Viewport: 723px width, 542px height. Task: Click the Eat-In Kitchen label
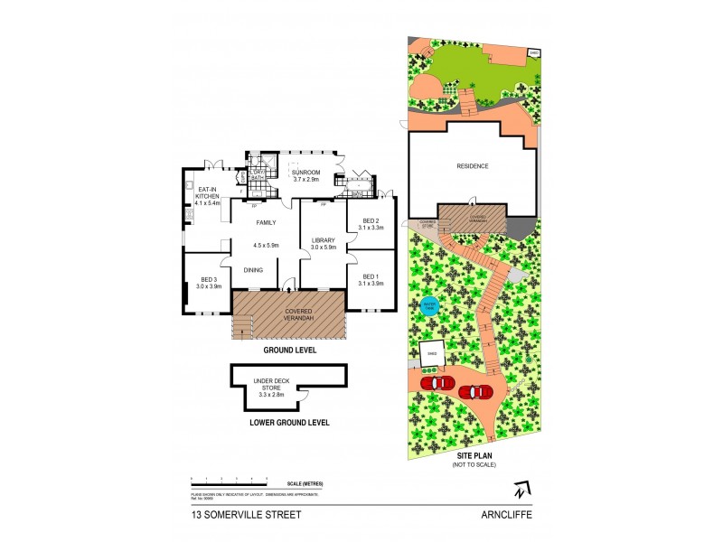click(x=208, y=195)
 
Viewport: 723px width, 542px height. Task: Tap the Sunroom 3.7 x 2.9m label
click(x=313, y=173)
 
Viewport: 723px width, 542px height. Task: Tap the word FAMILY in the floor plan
click(x=266, y=222)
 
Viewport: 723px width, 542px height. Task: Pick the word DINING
click(x=253, y=269)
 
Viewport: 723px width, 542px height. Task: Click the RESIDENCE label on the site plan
click(x=472, y=166)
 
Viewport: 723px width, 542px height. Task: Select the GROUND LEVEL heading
click(x=289, y=350)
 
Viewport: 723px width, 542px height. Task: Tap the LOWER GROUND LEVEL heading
click(x=289, y=422)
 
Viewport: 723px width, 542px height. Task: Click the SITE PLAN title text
click(x=474, y=457)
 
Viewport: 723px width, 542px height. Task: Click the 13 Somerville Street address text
click(x=246, y=516)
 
